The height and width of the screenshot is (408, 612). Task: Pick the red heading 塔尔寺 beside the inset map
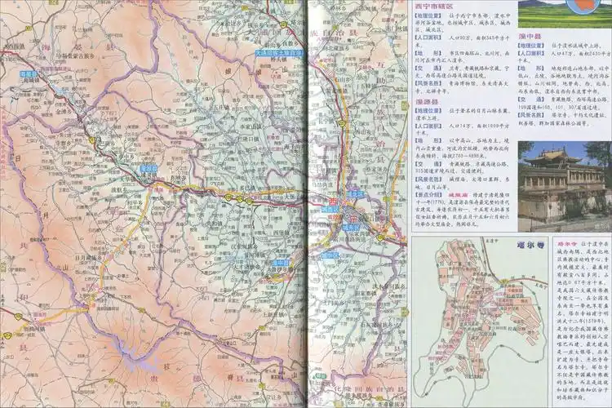(x=543, y=243)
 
